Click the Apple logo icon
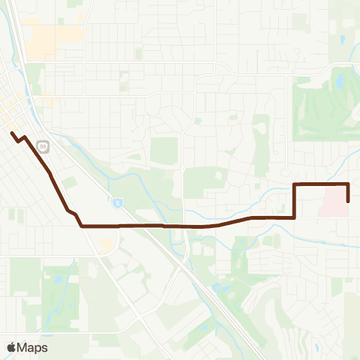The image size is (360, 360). point(11,347)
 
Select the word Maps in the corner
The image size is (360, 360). point(33,347)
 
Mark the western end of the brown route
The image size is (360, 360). point(12,133)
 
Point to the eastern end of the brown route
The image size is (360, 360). point(349,201)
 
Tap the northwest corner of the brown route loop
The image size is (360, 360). point(293,184)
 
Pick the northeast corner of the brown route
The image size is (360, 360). point(349,184)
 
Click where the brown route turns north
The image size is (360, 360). point(293,217)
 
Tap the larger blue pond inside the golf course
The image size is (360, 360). point(340,79)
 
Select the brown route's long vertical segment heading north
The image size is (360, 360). point(293,201)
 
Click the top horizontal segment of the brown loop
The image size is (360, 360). point(321,184)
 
